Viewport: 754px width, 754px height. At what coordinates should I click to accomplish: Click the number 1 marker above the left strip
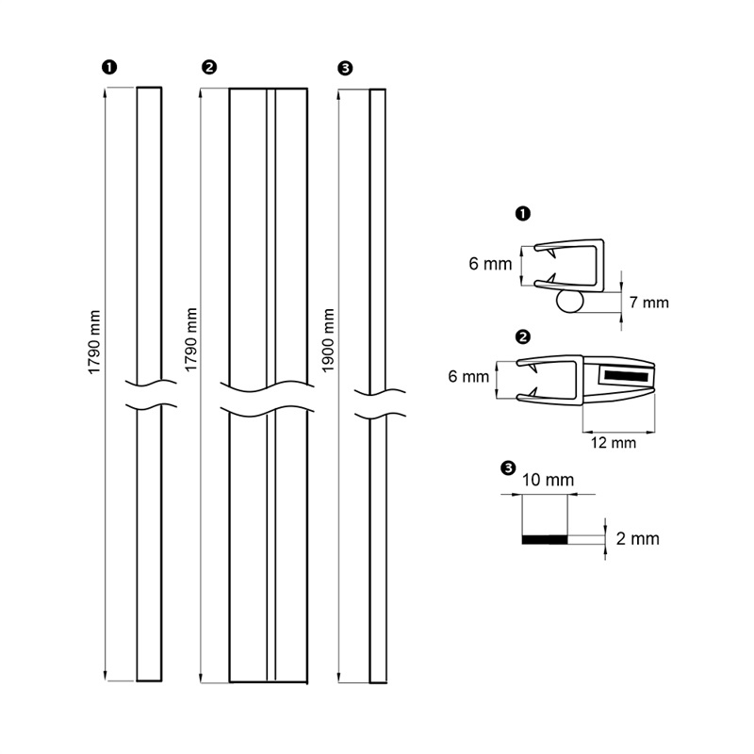pos(109,67)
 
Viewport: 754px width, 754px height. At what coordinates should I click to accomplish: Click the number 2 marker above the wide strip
pos(209,67)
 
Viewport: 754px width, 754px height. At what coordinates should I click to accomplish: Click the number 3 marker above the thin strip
pos(345,68)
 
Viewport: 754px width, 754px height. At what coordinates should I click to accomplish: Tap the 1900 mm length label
pos(328,340)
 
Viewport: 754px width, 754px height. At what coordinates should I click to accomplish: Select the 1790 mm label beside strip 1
pos(94,342)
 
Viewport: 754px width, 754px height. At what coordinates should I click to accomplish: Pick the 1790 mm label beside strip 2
pos(191,340)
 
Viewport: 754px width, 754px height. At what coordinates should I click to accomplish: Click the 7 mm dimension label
pos(648,303)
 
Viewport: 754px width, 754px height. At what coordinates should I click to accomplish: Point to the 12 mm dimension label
pos(614,442)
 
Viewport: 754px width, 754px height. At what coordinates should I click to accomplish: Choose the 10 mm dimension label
pos(548,480)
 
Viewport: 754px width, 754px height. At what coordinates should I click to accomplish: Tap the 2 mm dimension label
pos(638,538)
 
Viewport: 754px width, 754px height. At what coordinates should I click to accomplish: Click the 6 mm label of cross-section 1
pos(490,264)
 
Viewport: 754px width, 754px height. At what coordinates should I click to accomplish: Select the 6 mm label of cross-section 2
pos(468,376)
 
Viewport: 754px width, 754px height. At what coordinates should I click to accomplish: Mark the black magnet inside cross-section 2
pos(626,375)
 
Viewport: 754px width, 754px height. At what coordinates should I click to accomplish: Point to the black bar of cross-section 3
pos(545,539)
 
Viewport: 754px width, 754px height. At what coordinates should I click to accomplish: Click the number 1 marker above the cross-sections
pos(523,213)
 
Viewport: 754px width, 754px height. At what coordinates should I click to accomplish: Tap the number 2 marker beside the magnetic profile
pos(523,336)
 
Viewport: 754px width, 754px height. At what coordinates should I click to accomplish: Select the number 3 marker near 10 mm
pos(508,467)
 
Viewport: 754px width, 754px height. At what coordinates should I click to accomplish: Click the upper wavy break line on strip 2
pos(267,386)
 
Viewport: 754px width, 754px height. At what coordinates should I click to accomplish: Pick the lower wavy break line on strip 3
pos(380,415)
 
